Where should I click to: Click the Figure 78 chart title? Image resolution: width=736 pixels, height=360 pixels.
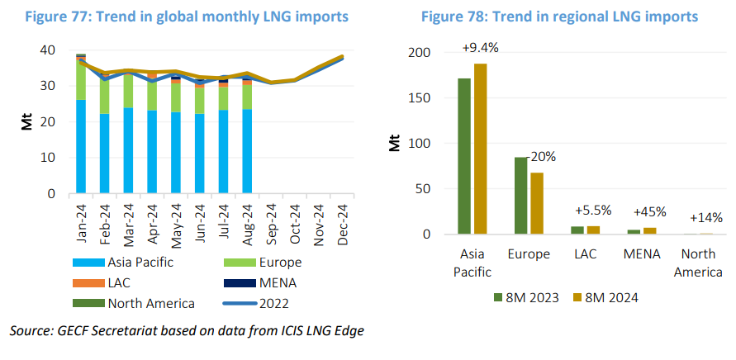pyautogui.click(x=559, y=17)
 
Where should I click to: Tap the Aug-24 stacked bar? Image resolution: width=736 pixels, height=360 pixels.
pyautogui.click(x=246, y=140)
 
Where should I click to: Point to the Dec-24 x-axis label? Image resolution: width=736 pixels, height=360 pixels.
pyautogui.click(x=340, y=220)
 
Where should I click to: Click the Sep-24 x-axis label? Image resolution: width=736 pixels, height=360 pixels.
pyautogui.click(x=269, y=220)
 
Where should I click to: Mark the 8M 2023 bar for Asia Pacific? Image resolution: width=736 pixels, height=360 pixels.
pyautogui.click(x=464, y=156)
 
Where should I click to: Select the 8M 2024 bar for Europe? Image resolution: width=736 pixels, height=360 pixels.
pyautogui.click(x=537, y=203)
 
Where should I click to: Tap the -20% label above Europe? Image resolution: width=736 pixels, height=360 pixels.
pyautogui.click(x=541, y=155)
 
